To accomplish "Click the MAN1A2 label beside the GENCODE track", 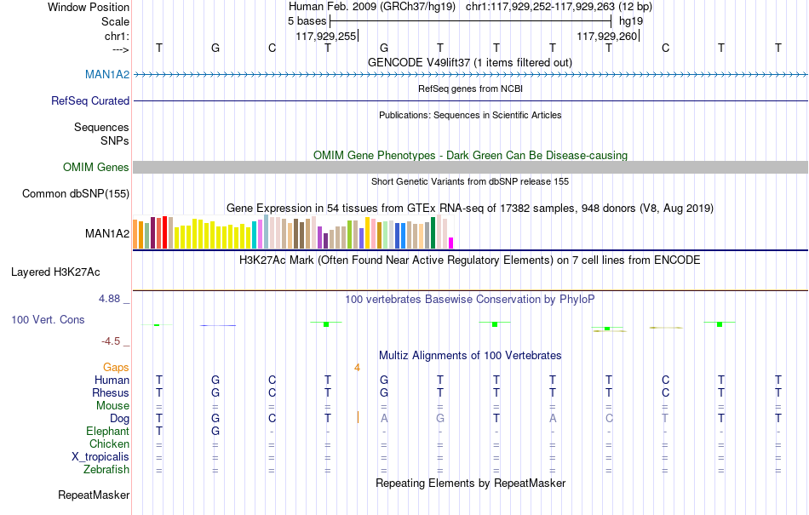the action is [x=106, y=74].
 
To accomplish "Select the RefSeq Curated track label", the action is [x=90, y=100].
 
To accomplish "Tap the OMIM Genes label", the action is [x=96, y=167].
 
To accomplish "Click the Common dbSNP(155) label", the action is [x=76, y=193].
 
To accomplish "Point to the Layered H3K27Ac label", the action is [x=55, y=272].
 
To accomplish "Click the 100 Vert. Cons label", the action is [x=48, y=319].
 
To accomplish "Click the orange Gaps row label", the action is [x=116, y=367].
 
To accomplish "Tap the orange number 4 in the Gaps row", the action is [x=357, y=368].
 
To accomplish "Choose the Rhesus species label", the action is [x=111, y=392].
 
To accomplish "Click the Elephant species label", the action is [x=107, y=431].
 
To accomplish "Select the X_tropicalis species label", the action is [x=100, y=457].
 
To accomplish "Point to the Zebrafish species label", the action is [x=106, y=469].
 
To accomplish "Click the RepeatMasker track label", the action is [x=94, y=495].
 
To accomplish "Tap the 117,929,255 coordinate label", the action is [x=326, y=36].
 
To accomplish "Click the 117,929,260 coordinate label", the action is [x=606, y=36].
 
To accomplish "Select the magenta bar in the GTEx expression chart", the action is [x=451, y=243].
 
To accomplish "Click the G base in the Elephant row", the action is [x=215, y=431].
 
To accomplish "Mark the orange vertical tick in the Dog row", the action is [x=358, y=418].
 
